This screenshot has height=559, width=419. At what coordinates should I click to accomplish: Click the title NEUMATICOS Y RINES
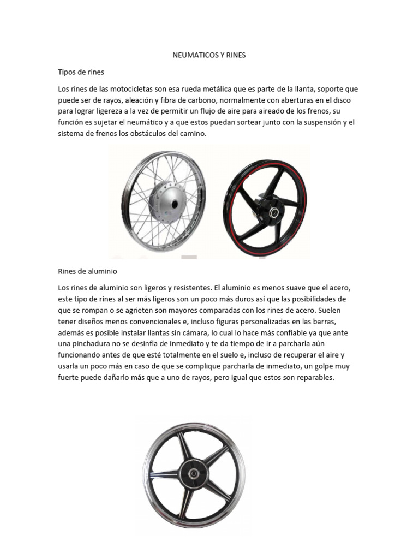tap(209, 55)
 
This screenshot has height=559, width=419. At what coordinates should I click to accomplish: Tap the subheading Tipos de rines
tap(81, 72)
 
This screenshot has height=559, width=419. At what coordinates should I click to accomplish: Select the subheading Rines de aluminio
tap(87, 271)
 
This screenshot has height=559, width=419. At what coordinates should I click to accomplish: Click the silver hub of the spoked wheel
tap(169, 204)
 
